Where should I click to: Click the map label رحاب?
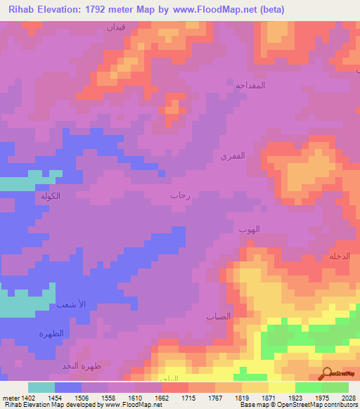coord(181,197)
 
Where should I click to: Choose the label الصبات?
coord(218,317)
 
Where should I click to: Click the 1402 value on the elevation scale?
coord(22,398)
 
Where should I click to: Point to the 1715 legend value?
coord(188,398)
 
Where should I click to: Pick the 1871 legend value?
coord(269,398)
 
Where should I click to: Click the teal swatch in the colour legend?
coord(41,387)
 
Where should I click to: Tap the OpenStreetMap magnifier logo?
coord(328,373)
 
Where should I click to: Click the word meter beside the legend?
coord(9,398)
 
